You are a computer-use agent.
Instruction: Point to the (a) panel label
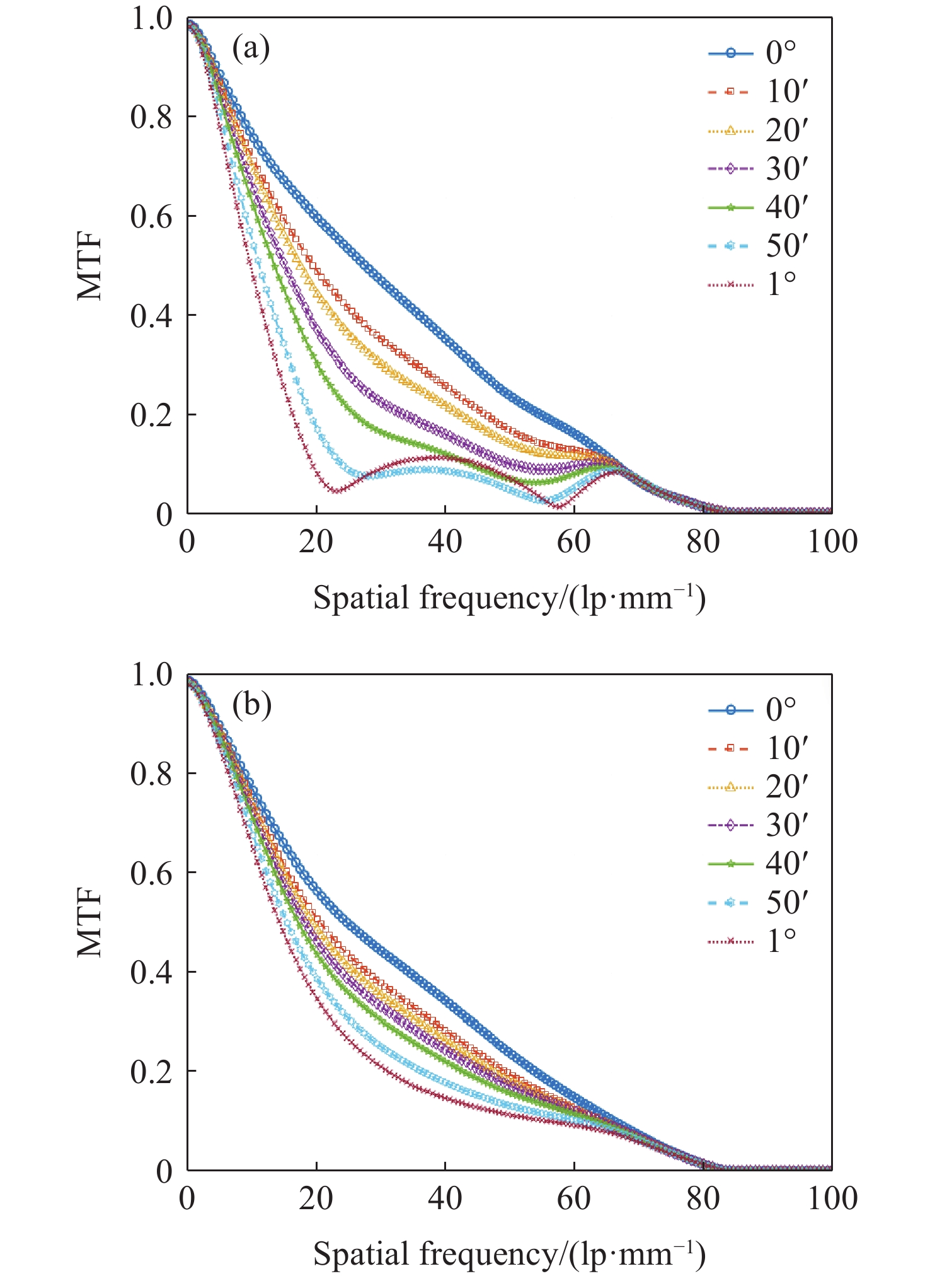point(251,49)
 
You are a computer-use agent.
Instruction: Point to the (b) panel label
point(251,705)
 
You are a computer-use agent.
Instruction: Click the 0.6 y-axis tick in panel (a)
point(151,216)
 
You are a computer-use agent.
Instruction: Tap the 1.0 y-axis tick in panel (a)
point(151,19)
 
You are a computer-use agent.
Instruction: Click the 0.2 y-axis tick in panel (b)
point(151,1071)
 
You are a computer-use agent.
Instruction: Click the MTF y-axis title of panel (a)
point(90,267)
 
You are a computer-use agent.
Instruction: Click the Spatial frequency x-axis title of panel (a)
point(509,598)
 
